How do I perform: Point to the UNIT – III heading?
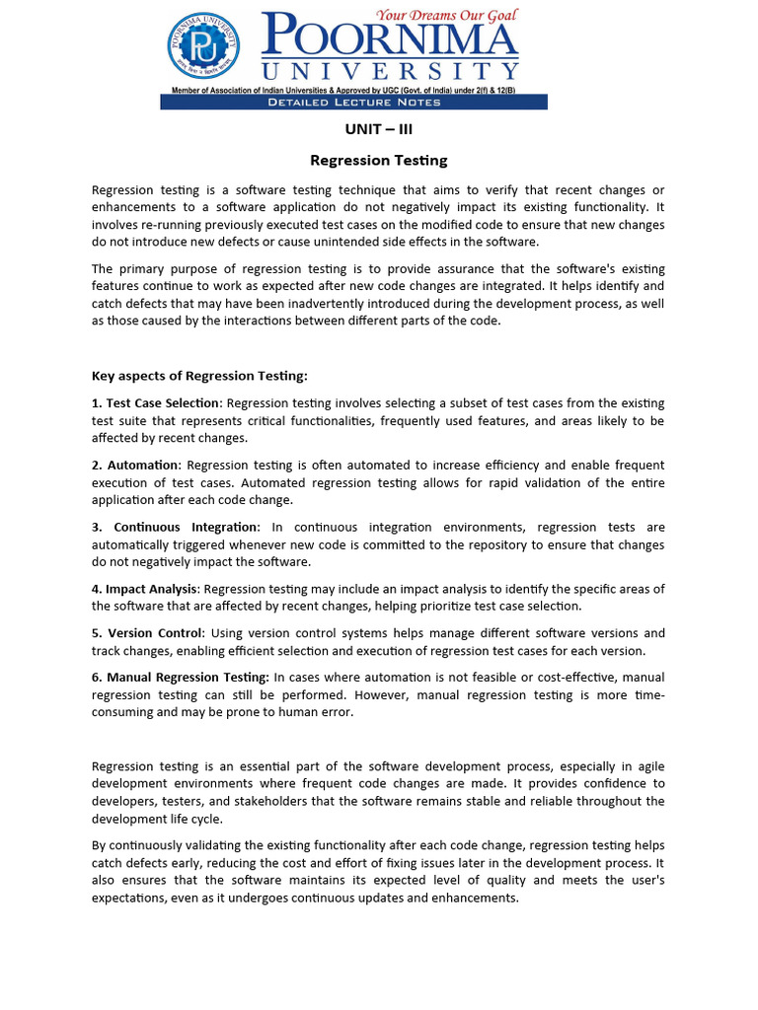point(379,129)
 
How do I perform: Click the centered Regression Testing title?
point(379,160)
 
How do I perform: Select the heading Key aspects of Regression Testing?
point(199,376)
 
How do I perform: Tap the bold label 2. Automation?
point(136,465)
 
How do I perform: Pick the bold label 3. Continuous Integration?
point(175,527)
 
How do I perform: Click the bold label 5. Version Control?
point(149,633)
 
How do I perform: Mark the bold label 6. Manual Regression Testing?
point(181,678)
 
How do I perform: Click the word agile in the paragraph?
point(649,766)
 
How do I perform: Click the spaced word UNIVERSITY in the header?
point(390,71)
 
